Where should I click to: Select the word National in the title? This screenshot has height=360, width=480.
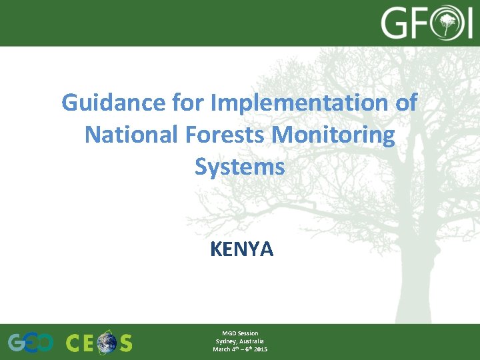(x=127, y=135)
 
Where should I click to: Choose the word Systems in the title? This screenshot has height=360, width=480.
(x=240, y=167)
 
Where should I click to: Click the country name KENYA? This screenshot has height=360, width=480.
(x=241, y=249)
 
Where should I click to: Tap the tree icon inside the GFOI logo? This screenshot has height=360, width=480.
(x=451, y=24)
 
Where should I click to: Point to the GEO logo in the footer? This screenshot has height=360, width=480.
(x=31, y=343)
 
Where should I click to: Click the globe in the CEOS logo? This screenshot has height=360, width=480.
(x=105, y=343)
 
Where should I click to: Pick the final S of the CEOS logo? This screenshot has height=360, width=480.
(x=125, y=343)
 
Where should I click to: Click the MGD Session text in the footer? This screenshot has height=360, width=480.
(x=240, y=333)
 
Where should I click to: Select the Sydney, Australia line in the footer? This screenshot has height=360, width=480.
(x=240, y=341)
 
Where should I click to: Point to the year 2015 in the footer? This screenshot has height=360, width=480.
(x=260, y=349)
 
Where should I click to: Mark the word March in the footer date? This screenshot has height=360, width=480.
(x=221, y=349)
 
